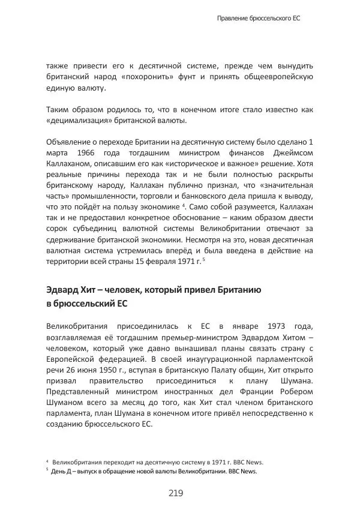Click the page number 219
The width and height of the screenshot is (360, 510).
pyautogui.click(x=175, y=493)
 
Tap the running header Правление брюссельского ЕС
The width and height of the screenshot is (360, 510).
pyautogui.click(x=258, y=19)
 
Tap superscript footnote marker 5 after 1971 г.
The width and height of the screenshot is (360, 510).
pyautogui.click(x=204, y=260)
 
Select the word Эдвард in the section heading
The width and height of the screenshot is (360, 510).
pyautogui.click(x=63, y=289)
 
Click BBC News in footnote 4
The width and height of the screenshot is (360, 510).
pyautogui.click(x=248, y=462)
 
